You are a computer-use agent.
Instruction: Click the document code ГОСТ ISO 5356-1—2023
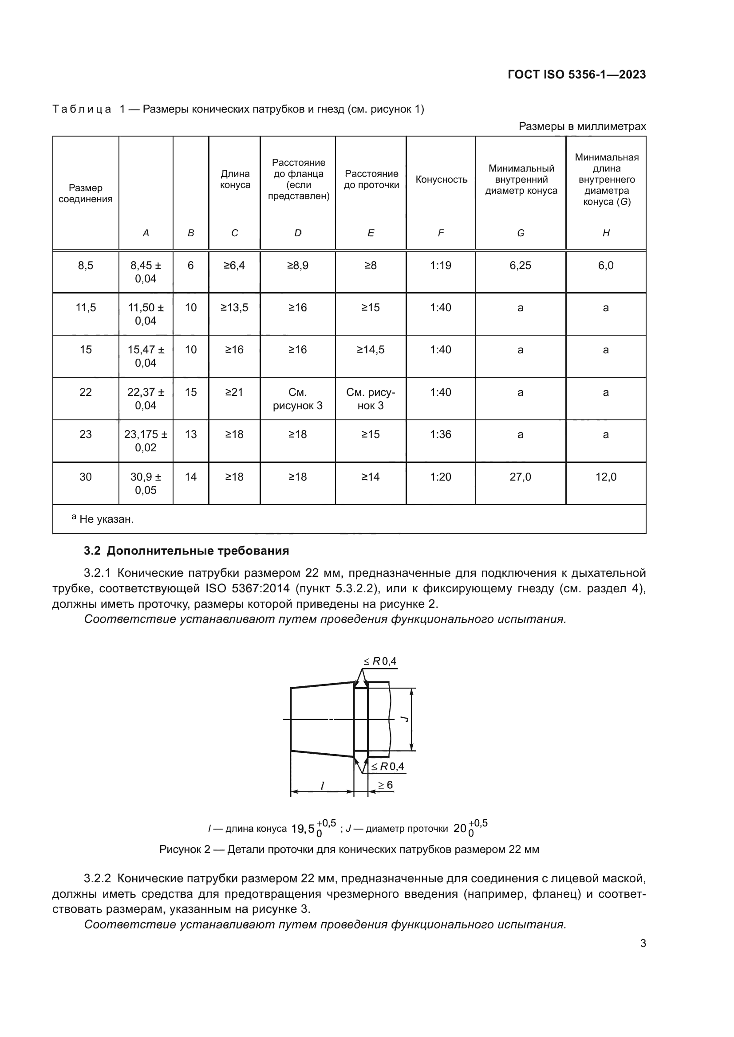(576, 74)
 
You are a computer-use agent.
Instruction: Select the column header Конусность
(441, 179)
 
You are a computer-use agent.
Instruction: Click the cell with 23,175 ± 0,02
(146, 441)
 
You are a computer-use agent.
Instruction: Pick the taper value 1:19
(441, 266)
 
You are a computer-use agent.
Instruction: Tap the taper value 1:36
(441, 434)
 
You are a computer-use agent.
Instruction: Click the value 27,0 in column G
(520, 477)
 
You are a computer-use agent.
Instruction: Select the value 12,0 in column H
(606, 477)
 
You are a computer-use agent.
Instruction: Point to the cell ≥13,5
(234, 308)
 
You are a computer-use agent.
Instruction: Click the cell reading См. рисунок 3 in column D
(297, 399)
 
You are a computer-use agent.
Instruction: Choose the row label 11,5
(85, 308)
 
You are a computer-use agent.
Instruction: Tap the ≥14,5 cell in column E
(371, 349)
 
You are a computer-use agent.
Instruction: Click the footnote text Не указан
(106, 519)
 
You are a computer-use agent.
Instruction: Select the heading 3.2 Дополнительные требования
(186, 551)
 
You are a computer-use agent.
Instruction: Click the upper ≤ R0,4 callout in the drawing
(380, 661)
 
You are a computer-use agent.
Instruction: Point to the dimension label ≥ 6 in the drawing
(386, 785)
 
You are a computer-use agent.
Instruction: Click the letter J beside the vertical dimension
(405, 719)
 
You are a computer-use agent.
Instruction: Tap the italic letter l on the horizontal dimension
(322, 786)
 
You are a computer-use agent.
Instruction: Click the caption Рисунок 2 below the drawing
(349, 849)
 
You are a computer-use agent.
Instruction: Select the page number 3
(643, 943)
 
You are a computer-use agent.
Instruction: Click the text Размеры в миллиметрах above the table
(582, 126)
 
